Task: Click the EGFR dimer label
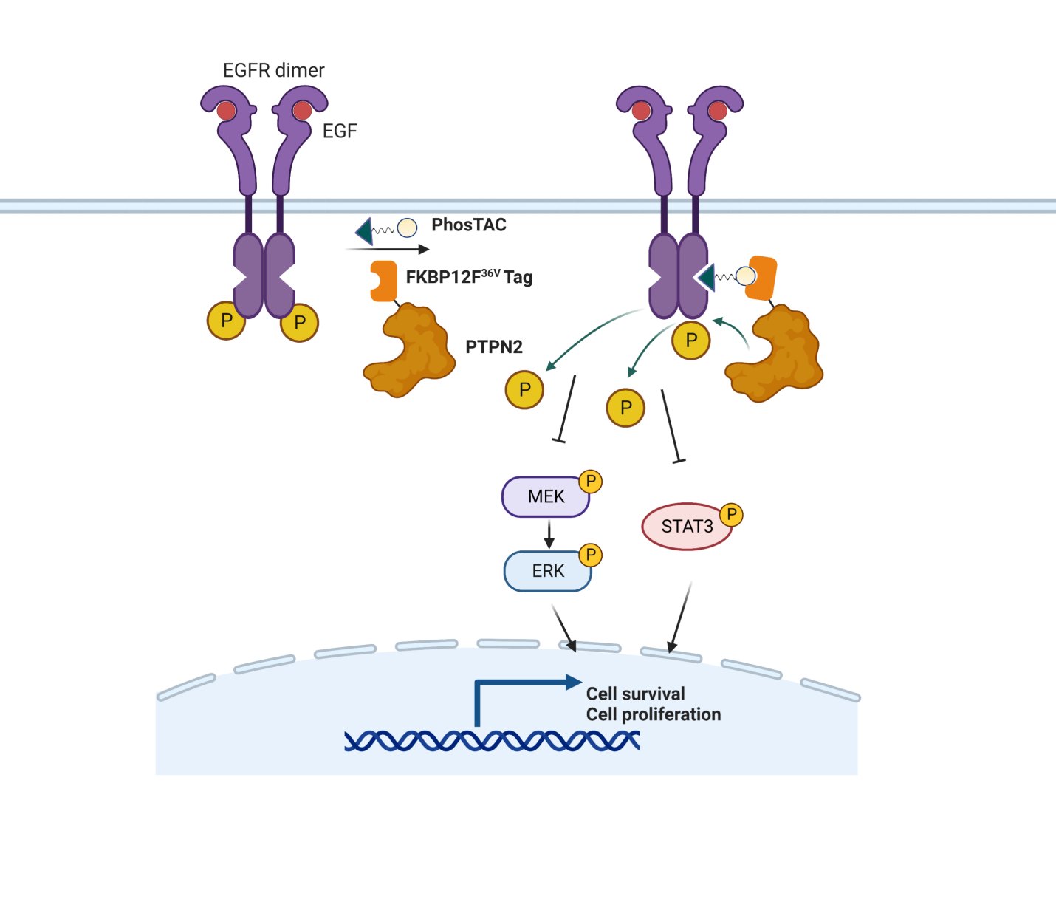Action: click(x=273, y=70)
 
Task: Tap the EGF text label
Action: click(x=340, y=131)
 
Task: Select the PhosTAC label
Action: click(x=469, y=225)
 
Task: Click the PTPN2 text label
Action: click(x=494, y=346)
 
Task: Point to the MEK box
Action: click(x=546, y=497)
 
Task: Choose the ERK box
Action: click(x=547, y=571)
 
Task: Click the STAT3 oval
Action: click(x=686, y=527)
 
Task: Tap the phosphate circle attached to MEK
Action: click(x=591, y=482)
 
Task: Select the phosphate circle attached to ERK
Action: click(x=591, y=555)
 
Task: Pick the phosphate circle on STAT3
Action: click(x=731, y=514)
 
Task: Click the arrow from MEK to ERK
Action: click(x=549, y=534)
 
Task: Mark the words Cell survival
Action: click(x=635, y=694)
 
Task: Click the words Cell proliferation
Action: click(x=654, y=714)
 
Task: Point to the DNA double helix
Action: click(x=492, y=740)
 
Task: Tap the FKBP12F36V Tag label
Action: click(x=469, y=277)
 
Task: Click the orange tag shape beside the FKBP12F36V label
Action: click(x=383, y=281)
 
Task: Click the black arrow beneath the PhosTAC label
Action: click(x=388, y=250)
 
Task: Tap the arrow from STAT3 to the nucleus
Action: click(x=680, y=618)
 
